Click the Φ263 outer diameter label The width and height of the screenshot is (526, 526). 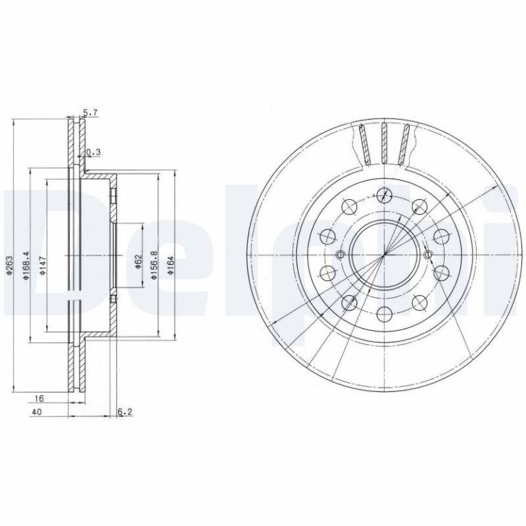click(10, 266)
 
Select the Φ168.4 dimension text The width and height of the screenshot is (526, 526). click(26, 265)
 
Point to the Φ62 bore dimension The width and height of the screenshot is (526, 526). click(138, 262)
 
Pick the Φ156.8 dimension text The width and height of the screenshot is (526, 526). click(154, 265)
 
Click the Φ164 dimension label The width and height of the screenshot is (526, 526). click(171, 265)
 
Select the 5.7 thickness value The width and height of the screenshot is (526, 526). click(90, 113)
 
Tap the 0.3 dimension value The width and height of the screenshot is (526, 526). click(94, 152)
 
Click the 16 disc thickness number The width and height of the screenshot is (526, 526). click(39, 399)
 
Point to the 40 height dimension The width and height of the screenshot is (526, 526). click(36, 412)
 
